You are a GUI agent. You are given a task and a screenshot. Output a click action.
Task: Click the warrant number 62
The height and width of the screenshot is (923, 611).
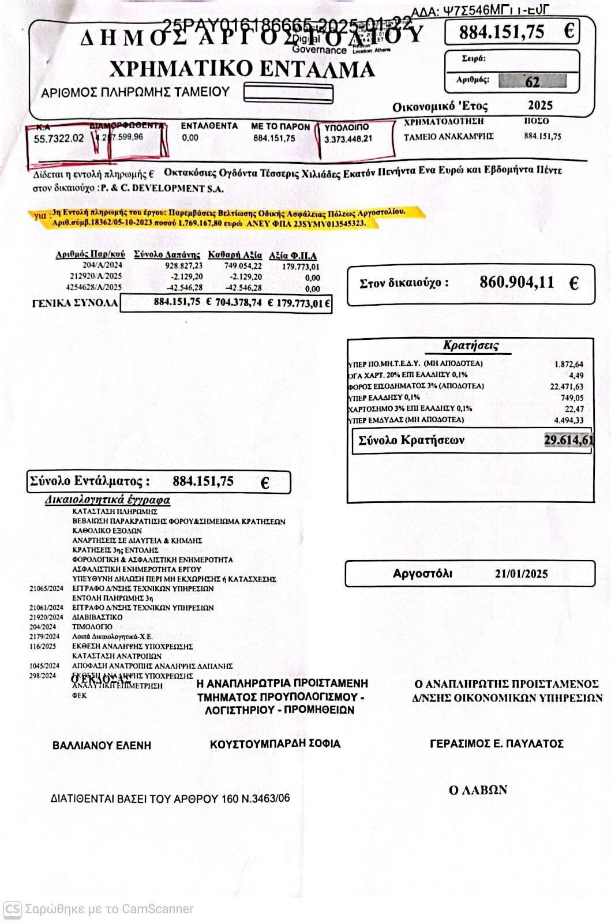[532, 81]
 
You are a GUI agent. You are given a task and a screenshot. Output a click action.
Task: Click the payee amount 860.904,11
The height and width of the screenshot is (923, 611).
[516, 283]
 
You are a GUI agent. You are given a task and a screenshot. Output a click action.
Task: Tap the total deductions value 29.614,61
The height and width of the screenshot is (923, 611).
[568, 441]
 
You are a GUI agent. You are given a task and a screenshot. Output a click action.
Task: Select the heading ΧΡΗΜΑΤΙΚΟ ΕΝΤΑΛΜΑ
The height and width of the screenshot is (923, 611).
[242, 69]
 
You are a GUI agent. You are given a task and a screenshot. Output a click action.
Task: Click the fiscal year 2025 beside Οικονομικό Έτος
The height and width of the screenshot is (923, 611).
[540, 106]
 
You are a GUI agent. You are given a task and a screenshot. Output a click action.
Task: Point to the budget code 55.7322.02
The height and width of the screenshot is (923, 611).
[59, 138]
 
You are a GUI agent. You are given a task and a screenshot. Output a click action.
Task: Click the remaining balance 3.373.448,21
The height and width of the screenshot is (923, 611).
[348, 139]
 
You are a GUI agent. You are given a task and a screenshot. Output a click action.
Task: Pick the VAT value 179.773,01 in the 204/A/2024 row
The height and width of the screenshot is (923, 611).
[301, 267]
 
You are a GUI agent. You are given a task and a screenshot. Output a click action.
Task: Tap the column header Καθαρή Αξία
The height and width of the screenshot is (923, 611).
[235, 255]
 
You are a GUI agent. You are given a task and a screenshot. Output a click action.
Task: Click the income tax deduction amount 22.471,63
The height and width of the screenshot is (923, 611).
[566, 387]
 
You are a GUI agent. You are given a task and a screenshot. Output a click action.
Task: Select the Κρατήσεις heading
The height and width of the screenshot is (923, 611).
[470, 346]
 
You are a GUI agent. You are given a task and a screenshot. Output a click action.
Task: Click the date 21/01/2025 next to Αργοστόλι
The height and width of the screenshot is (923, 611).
[521, 574]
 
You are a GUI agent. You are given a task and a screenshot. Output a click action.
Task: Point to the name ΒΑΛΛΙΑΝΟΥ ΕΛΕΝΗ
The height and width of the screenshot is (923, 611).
[102, 745]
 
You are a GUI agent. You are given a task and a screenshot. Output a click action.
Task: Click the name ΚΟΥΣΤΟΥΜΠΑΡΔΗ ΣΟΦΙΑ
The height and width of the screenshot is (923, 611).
[275, 744]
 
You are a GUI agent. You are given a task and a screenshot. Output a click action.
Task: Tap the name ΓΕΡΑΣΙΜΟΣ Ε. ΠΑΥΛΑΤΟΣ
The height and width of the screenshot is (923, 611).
[496, 744]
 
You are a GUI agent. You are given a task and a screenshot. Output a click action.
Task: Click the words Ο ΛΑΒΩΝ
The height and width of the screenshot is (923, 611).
[478, 790]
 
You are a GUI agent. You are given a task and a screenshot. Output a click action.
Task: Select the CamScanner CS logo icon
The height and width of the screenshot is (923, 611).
[12, 909]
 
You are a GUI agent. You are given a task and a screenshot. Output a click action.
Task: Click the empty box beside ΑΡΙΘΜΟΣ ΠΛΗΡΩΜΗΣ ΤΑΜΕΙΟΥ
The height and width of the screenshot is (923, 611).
[288, 93]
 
